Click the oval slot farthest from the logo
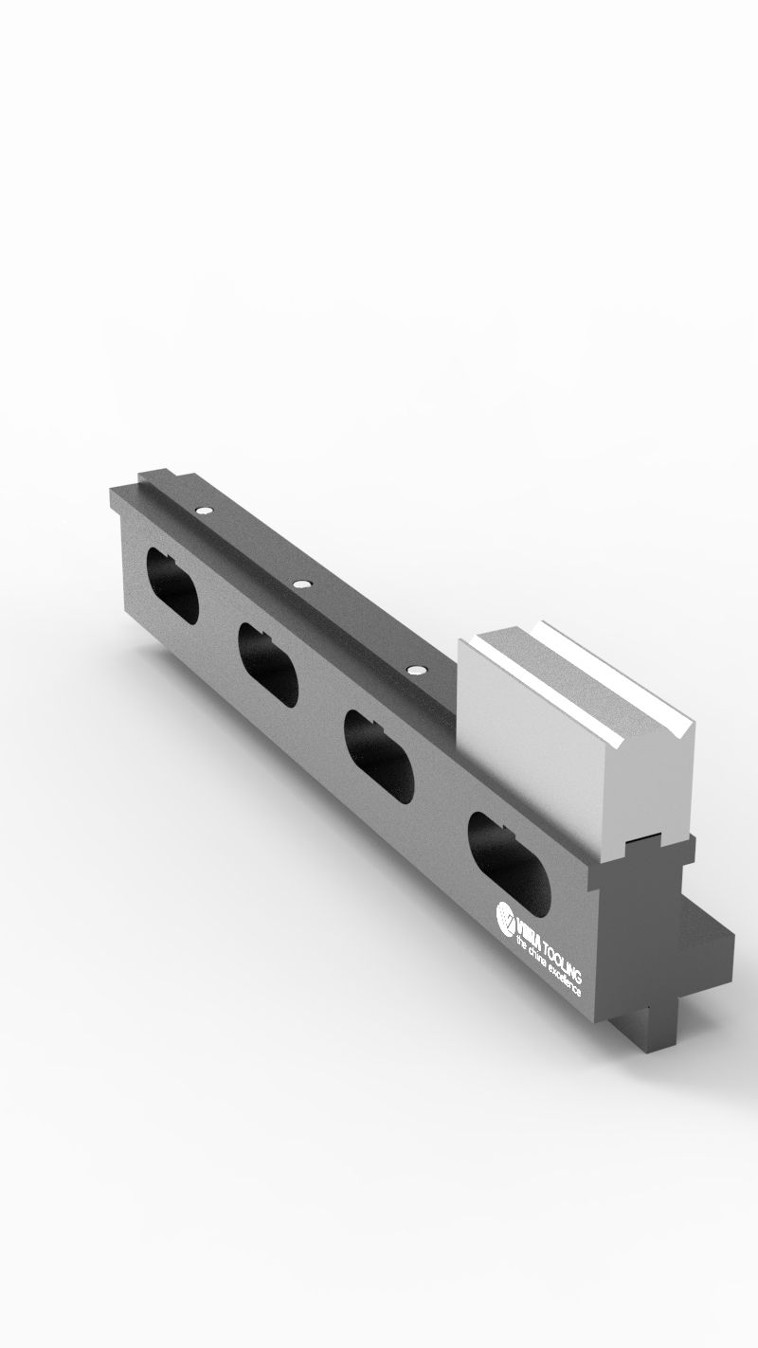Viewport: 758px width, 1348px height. coord(172,585)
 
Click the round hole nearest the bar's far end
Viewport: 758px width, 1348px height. coord(202,511)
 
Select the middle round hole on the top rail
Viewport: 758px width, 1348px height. coord(301,584)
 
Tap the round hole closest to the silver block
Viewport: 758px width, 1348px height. coord(415,670)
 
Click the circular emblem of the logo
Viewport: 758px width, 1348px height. coord(507,916)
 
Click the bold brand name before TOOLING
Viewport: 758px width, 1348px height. coord(527,928)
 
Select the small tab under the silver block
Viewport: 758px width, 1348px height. coord(648,840)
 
